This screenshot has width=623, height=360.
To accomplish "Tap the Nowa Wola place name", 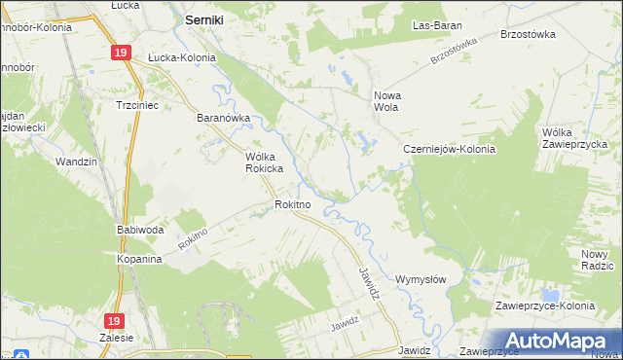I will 388,102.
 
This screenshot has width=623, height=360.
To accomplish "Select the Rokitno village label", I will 292,204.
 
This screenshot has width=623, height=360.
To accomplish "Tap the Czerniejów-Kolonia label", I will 450,150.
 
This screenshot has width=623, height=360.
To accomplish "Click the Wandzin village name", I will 77,162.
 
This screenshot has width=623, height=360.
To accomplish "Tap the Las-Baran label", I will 436,24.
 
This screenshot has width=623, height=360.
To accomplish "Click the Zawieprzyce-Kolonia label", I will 544,306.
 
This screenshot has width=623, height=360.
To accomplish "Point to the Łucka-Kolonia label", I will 181,57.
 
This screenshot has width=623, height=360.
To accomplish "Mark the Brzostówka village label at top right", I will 527,33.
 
